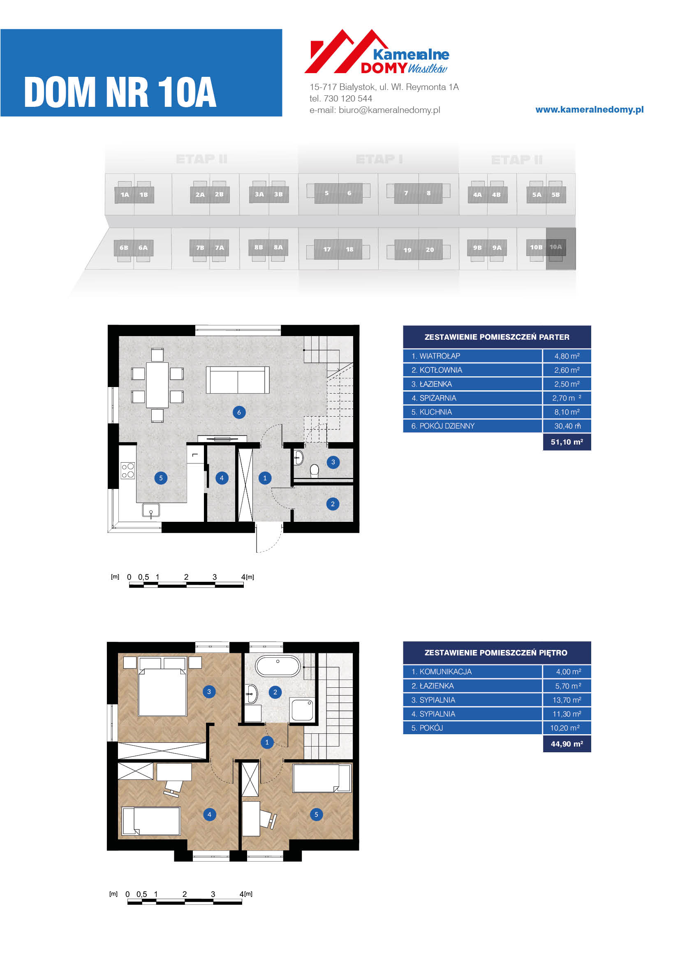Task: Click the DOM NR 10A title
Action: [x=120, y=92]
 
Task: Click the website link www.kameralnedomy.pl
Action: [x=590, y=110]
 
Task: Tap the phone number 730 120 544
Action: [x=348, y=98]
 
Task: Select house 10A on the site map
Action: [x=556, y=247]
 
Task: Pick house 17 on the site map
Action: [x=327, y=249]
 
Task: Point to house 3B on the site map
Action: [x=278, y=194]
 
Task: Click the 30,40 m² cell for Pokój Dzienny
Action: [x=567, y=426]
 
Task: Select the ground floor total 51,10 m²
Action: [x=567, y=442]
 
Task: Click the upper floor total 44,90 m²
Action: [x=567, y=744]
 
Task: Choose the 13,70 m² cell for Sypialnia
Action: [x=567, y=700]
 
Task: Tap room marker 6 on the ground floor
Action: [x=239, y=412]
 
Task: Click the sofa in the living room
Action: [x=237, y=380]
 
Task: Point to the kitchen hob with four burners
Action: [x=128, y=470]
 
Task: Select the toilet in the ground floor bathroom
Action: [x=315, y=471]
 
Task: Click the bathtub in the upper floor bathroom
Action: [x=278, y=666]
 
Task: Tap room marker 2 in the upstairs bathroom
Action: [x=275, y=692]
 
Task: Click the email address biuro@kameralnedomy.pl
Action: [x=389, y=110]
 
